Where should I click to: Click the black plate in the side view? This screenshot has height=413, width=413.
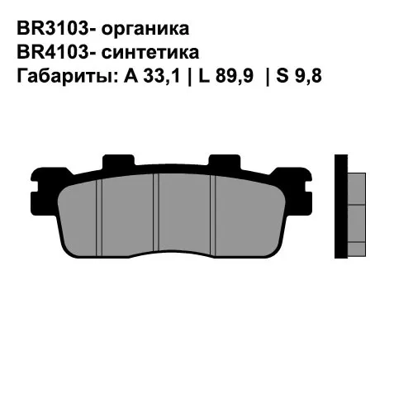coord(339,206)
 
